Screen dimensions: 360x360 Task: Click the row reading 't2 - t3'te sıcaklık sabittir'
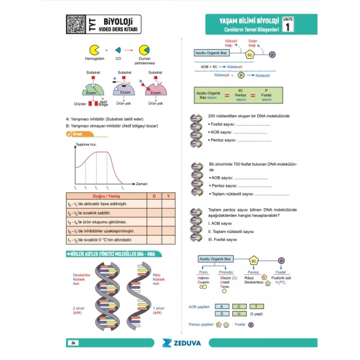(97, 213)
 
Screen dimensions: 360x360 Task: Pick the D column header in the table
(154, 196)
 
